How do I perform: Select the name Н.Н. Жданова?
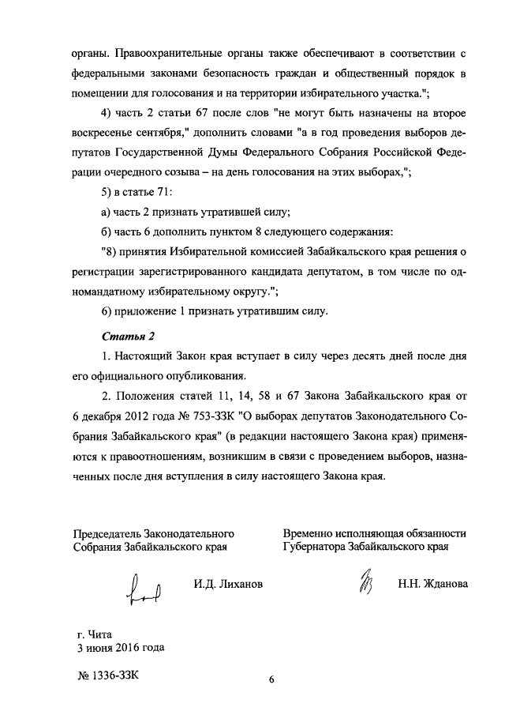coord(432,585)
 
